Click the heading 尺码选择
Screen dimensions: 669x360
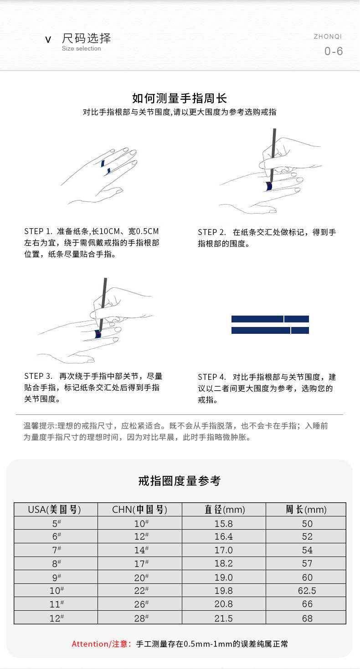tap(86, 38)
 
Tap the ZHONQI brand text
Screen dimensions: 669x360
tap(328, 36)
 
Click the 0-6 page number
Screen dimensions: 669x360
tap(334, 51)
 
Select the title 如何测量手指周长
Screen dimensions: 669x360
tap(180, 98)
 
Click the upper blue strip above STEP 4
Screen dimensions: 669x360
tap(270, 319)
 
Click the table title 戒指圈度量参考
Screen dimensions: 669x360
tap(180, 480)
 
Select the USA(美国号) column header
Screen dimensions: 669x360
tap(57, 509)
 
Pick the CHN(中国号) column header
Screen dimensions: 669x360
tap(140, 509)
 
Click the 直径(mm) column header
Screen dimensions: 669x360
tap(224, 509)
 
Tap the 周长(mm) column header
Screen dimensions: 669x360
tap(306, 509)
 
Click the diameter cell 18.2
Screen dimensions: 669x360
tap(224, 563)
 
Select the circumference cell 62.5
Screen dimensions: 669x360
tap(306, 591)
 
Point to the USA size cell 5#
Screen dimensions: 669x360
tap(57, 523)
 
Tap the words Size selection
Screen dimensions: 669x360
tap(82, 49)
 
